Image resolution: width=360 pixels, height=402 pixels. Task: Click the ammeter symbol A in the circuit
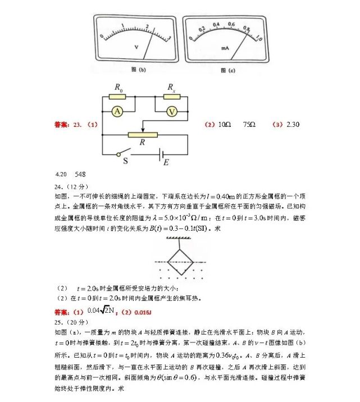(x=117, y=111)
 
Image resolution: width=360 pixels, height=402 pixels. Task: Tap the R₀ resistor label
(x=119, y=88)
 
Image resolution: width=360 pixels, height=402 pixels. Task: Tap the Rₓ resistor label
(x=171, y=88)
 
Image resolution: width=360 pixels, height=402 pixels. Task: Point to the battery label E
(x=166, y=162)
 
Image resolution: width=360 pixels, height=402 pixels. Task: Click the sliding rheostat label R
(x=143, y=143)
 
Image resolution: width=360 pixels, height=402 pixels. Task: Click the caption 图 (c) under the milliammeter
(x=227, y=70)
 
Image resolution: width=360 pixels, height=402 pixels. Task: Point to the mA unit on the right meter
(x=225, y=48)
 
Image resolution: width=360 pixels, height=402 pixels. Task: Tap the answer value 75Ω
(x=249, y=124)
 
